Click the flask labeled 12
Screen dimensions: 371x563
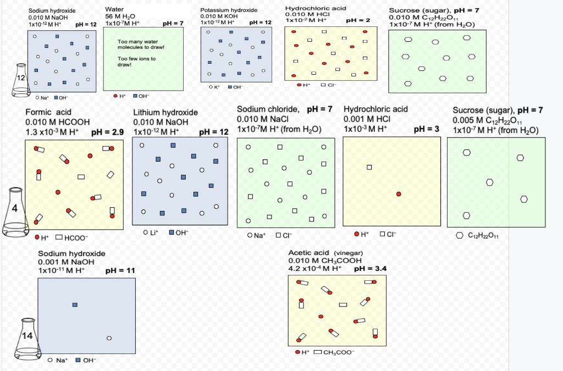21,83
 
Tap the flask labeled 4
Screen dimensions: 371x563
15,212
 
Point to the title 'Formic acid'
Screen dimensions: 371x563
48,112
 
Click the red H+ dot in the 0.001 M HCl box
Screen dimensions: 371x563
399,194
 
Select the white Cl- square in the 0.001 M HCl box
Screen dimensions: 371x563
369,167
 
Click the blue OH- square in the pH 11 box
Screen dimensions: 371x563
75,304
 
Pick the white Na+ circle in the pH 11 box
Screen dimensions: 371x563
109,338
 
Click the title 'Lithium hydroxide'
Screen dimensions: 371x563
165,113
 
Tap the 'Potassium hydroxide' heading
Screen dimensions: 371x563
229,10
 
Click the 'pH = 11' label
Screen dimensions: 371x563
120,270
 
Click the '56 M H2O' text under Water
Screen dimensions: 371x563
116,17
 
